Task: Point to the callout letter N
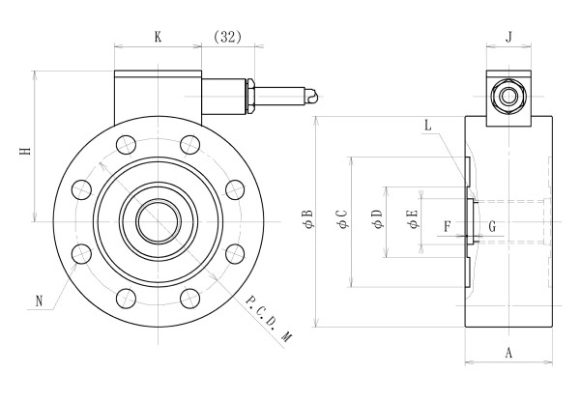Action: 41,301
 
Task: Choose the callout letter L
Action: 428,126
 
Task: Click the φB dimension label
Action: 307,221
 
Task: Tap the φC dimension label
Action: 341,221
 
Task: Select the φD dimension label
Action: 376,221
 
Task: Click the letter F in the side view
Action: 446,227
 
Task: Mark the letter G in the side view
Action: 493,227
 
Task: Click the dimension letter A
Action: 508,354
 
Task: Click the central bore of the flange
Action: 155,221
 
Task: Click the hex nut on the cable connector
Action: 250,96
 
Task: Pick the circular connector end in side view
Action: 508,97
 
